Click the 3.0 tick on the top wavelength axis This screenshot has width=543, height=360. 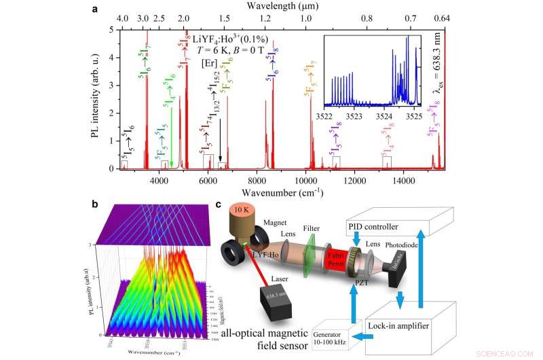coord(143,20)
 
